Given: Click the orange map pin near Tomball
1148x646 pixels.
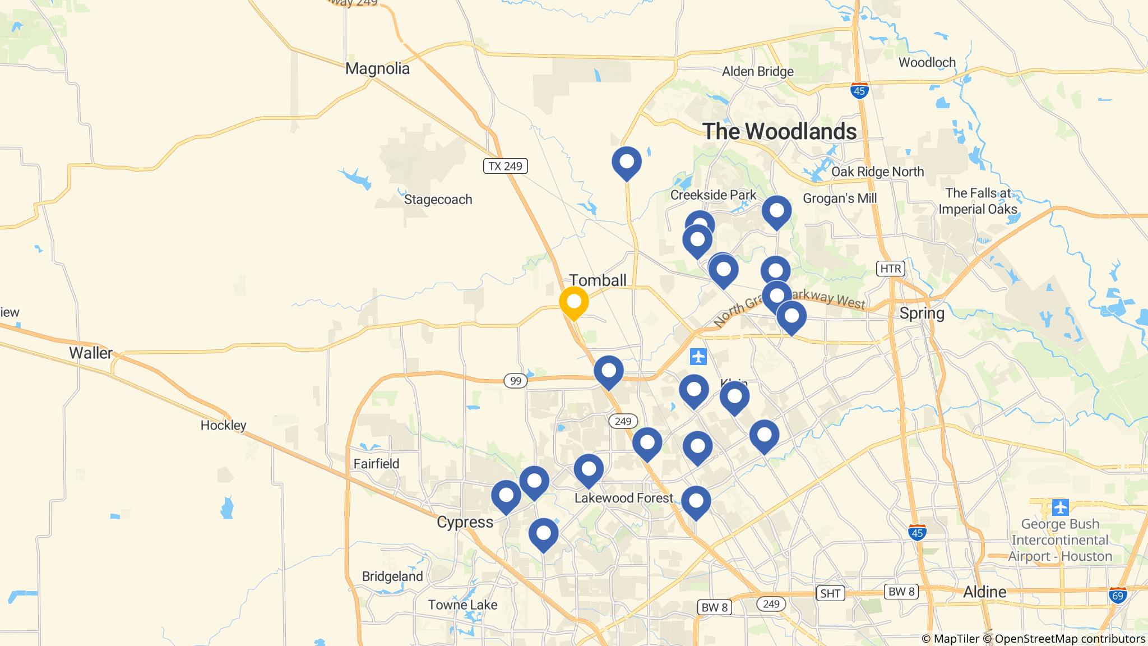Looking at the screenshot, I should click(x=573, y=302).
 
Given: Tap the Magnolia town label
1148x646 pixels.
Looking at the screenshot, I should click(x=377, y=69).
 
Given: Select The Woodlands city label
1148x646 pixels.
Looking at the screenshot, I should click(x=780, y=131).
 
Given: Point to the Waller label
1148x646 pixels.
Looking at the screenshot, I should click(x=91, y=353).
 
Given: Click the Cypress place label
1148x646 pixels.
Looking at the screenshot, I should click(x=465, y=522).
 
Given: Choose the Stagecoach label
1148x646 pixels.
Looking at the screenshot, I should click(x=438, y=200).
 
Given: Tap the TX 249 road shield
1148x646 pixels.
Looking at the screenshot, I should click(x=505, y=166).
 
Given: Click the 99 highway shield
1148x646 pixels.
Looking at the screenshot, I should click(x=516, y=381).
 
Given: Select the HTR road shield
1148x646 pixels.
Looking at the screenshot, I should click(x=890, y=269).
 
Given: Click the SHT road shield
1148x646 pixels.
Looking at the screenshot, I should click(x=830, y=593).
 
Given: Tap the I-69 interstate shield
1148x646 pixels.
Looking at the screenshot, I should click(x=1118, y=595).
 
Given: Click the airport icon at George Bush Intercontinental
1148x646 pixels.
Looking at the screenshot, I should click(x=1060, y=507).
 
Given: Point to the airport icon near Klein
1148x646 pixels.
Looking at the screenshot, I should click(x=698, y=356).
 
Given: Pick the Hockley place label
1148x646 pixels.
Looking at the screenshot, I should click(x=223, y=426).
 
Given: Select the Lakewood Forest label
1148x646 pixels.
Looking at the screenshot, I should click(x=623, y=498).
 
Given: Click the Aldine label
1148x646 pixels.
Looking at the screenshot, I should click(x=984, y=592).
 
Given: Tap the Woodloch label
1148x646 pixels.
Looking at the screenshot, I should click(x=927, y=62).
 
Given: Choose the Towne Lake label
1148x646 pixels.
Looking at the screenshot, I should click(x=462, y=605).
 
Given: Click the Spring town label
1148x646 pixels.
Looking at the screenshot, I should click(x=922, y=313).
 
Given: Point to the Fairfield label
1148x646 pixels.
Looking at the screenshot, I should click(x=376, y=464).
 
